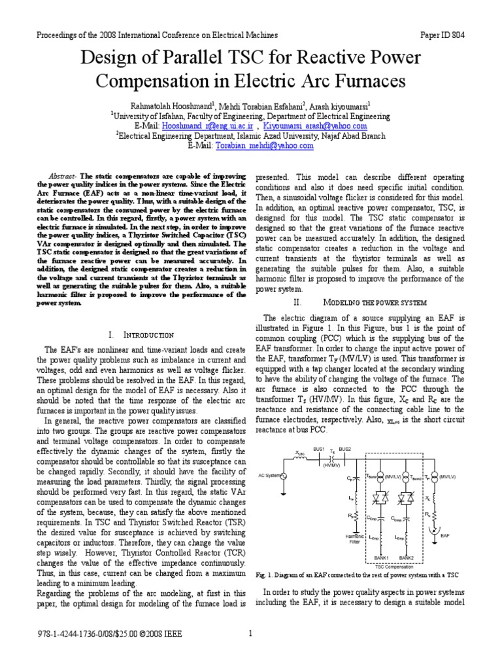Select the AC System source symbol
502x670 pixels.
(283, 475)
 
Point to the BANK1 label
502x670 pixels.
(382, 557)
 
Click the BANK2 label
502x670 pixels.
(407, 557)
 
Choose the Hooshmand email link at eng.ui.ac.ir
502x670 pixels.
(203, 126)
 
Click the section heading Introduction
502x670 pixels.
(150, 335)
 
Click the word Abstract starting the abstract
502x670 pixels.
(63, 177)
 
